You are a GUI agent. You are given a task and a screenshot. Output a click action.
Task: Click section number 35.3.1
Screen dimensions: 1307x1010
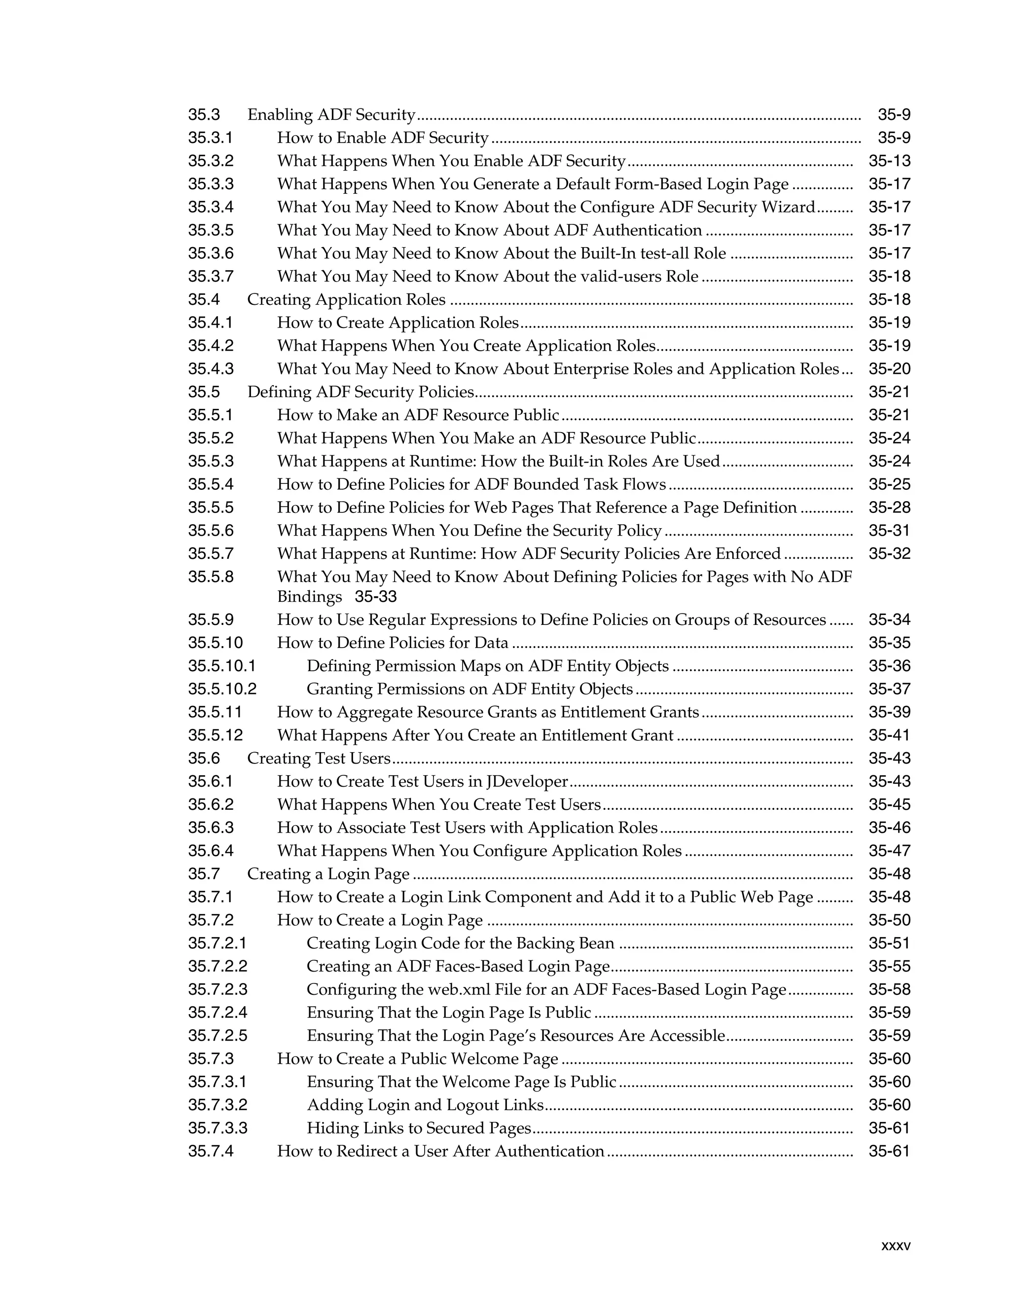click(210, 138)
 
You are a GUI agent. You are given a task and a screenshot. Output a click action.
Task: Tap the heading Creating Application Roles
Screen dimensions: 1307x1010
click(346, 300)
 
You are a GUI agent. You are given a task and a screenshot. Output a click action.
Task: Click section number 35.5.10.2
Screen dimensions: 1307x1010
click(222, 690)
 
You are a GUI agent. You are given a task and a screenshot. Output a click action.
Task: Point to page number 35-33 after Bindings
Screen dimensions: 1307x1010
click(376, 597)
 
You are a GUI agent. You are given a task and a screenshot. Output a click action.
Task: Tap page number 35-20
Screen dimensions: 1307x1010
click(889, 369)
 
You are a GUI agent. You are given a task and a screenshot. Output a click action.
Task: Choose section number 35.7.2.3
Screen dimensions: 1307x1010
click(217, 990)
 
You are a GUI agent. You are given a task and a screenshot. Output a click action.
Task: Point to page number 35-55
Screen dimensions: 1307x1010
click(889, 967)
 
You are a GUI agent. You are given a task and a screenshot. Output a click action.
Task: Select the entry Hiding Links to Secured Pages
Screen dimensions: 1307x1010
click(419, 1128)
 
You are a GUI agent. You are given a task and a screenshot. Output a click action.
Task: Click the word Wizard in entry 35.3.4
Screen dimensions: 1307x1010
click(788, 208)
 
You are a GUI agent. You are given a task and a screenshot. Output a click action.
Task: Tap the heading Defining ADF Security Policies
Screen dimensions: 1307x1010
click(361, 393)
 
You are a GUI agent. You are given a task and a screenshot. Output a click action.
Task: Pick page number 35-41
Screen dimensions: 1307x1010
click(889, 735)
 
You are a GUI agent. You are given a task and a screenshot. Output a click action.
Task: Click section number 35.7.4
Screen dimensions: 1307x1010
click(211, 1152)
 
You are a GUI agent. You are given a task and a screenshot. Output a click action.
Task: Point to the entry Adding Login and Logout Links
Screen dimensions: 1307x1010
click(425, 1105)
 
